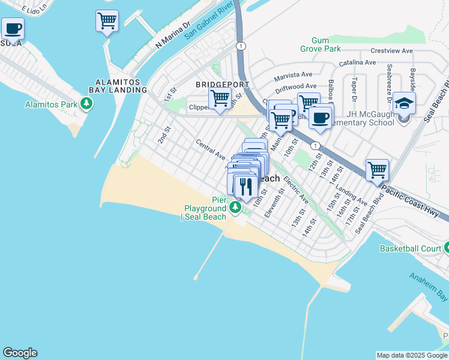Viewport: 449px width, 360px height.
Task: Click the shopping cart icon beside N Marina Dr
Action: coord(107,22)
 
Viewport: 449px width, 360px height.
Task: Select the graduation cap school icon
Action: coord(405,103)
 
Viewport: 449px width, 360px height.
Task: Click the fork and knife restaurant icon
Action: coord(246,187)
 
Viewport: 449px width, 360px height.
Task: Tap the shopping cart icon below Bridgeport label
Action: coord(220,98)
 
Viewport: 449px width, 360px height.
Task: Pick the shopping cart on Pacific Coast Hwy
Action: coord(377,170)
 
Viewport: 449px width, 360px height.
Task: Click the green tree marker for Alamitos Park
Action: coord(88,105)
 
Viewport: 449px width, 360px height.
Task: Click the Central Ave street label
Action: coord(210,149)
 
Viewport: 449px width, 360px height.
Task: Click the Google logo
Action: coord(20,353)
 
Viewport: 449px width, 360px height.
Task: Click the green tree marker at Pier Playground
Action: coord(235,208)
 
